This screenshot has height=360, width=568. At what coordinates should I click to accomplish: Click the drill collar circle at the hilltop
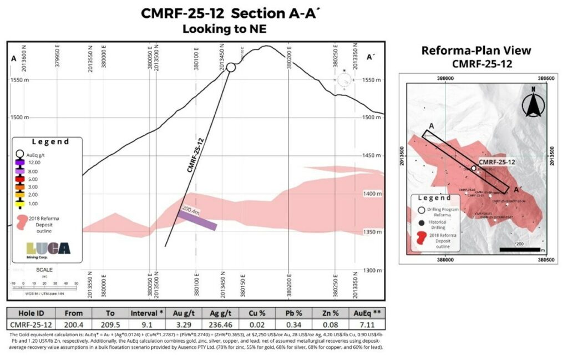point(231,67)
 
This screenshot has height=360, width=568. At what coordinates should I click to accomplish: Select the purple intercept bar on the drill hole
point(198,220)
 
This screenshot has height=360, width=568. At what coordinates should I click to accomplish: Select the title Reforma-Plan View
point(476,50)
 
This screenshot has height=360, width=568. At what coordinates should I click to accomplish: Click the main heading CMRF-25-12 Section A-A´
point(225,13)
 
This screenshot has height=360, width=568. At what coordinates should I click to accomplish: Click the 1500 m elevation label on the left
point(19,118)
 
